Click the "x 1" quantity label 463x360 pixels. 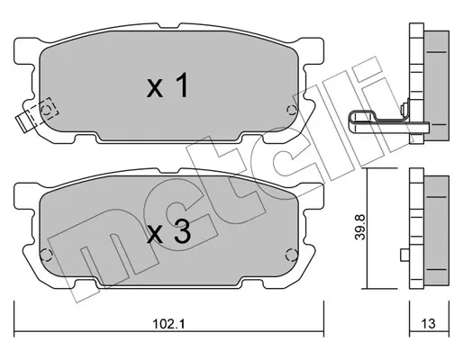coord(168,85)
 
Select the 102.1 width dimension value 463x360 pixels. coord(168,324)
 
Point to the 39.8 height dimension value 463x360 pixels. coord(360,227)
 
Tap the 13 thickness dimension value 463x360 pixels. coord(428,324)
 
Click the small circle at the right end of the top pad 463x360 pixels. coord(291,111)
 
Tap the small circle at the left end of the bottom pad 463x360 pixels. coord(46,255)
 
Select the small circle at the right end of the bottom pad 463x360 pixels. coord(290,256)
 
